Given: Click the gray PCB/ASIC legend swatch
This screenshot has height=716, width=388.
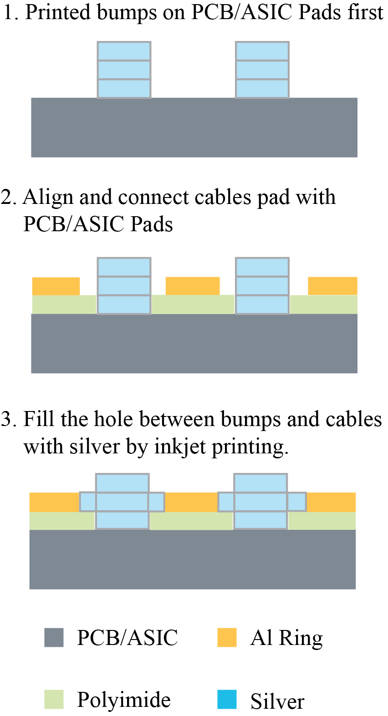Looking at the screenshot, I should tap(54, 637).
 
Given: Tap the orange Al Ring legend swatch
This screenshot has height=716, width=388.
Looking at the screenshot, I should tap(227, 637).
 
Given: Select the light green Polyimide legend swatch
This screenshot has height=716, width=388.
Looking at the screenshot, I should tap(54, 699).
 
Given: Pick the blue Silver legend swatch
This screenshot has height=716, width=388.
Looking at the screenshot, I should tap(227, 699).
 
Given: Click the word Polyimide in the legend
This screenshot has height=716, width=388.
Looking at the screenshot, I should tap(123, 700).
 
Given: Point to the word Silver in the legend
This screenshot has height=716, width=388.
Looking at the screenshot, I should tap(277, 701).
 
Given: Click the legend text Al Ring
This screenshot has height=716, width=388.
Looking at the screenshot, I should tap(286, 638).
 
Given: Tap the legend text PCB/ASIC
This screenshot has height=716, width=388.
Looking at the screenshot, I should tap(127, 638).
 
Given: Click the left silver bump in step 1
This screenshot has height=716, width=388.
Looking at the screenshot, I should tap(124, 70).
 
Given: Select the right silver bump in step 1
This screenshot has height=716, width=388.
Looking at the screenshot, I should tap(262, 70).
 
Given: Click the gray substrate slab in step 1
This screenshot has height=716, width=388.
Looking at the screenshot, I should tap(194, 127).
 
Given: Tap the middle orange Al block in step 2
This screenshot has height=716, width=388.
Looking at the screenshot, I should tap(193, 286).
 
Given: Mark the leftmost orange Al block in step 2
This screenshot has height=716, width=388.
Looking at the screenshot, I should tap(56, 286).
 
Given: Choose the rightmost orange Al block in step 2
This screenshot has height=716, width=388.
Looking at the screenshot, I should tap(332, 286).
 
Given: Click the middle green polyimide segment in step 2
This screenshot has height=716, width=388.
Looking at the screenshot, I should tap(193, 305).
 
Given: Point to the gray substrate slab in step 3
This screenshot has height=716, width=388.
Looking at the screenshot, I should tap(192, 559).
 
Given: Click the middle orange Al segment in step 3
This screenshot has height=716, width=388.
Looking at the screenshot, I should tap(191, 502).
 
